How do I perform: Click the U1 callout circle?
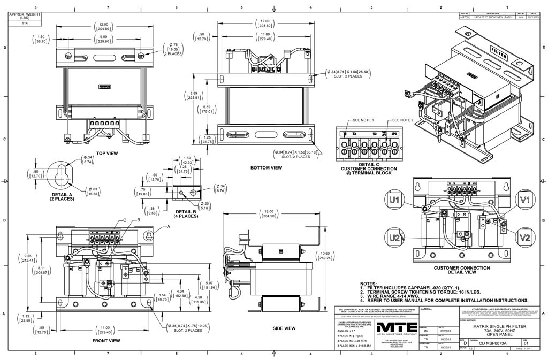coord(395,201)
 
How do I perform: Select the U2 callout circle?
coord(395,238)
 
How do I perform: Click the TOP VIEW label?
coord(107,154)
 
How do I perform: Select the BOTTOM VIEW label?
coord(266,168)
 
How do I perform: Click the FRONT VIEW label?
coord(106,341)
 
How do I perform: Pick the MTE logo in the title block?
coord(396,327)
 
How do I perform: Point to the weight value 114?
coord(25,24)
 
